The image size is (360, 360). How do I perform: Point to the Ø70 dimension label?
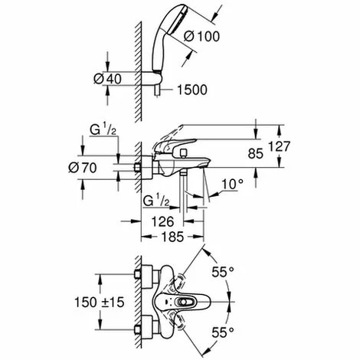[x=90, y=167]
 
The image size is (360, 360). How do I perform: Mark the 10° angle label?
[x=232, y=183]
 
